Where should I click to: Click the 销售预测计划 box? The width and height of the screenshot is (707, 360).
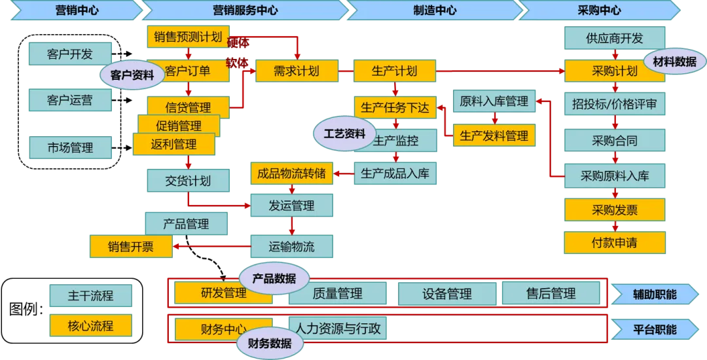[188, 37]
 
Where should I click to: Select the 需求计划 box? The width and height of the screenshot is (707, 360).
[296, 71]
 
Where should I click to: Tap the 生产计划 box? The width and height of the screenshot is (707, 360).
[393, 71]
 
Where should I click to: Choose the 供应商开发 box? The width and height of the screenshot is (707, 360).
[614, 38]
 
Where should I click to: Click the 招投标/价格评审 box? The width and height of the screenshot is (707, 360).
[614, 103]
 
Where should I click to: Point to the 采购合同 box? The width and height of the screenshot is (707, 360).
[614, 140]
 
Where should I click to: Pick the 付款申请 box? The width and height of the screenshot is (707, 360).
[614, 243]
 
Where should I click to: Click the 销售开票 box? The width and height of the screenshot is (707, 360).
[131, 246]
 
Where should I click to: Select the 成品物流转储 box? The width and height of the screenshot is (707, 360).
[291, 173]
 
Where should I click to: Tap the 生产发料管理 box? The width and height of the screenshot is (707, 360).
[494, 135]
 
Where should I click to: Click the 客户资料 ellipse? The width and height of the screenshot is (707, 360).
[132, 75]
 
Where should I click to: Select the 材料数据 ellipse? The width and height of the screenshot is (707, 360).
[674, 62]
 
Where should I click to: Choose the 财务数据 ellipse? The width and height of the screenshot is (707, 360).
[269, 344]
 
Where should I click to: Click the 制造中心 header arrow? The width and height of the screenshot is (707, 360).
[435, 10]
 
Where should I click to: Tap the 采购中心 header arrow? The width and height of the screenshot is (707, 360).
[600, 10]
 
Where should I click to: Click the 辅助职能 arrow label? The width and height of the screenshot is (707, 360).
[655, 295]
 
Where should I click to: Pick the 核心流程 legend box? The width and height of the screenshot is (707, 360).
[90, 325]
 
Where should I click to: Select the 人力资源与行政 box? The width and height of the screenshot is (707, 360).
[337, 327]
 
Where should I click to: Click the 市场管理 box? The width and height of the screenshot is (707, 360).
[70, 148]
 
